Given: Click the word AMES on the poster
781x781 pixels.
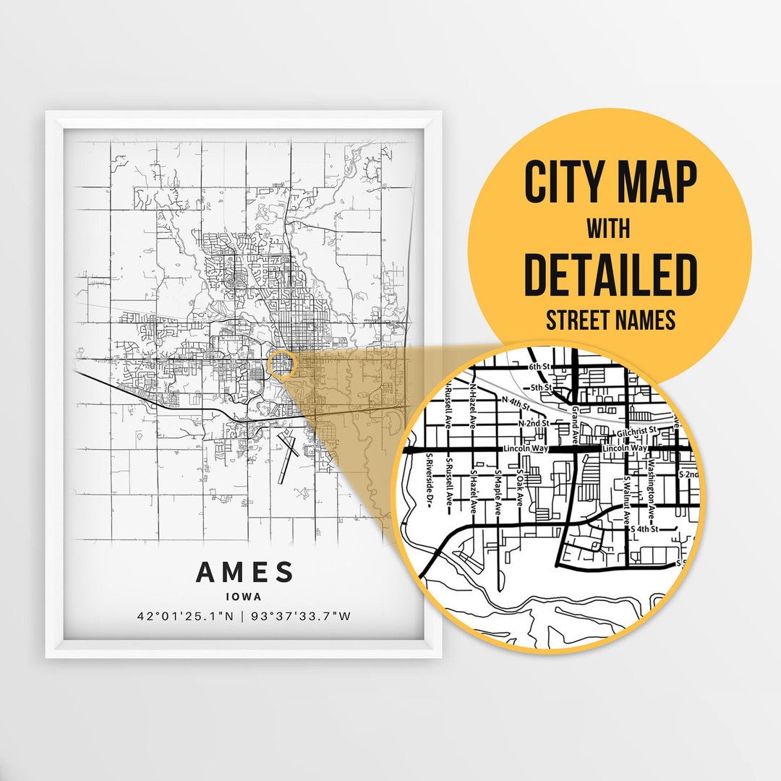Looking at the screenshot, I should [244, 572].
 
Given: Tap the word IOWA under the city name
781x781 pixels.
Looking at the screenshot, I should [244, 597].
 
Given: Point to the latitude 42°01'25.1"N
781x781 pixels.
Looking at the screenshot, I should [184, 617].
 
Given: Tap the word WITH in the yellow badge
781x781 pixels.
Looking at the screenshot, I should [608, 229].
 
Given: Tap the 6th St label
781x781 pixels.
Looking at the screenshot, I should [540, 367].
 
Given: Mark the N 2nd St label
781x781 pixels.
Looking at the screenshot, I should [534, 422].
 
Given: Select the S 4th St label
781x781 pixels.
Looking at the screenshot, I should [644, 529].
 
